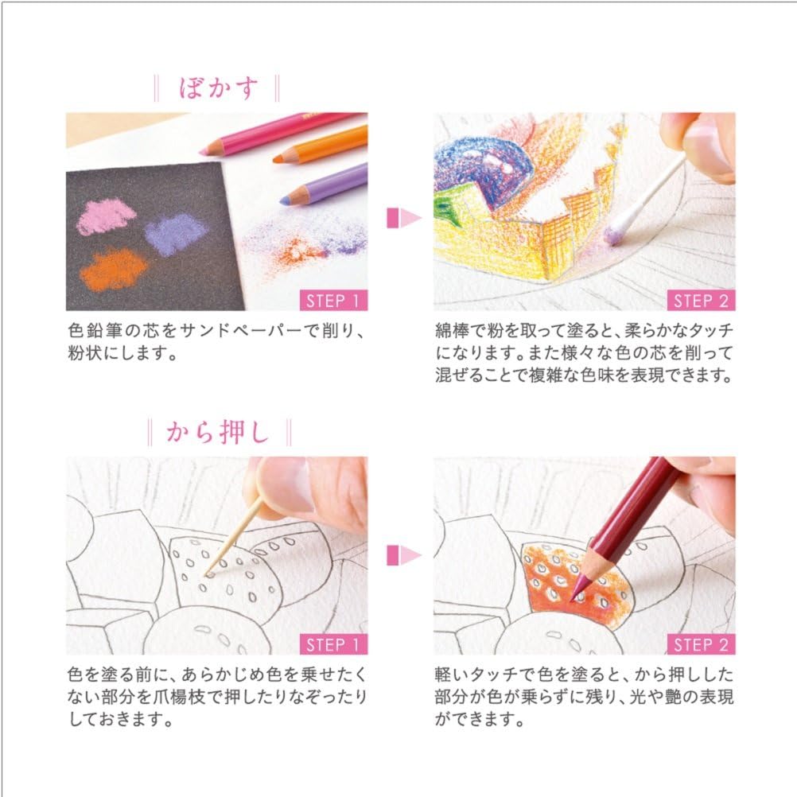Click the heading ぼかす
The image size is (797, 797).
218,88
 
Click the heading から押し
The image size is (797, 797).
218,433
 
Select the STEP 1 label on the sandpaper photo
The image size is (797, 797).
334,301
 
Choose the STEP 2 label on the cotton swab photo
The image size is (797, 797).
701,301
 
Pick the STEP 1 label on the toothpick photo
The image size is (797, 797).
334,643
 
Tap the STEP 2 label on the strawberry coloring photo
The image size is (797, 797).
701,643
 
